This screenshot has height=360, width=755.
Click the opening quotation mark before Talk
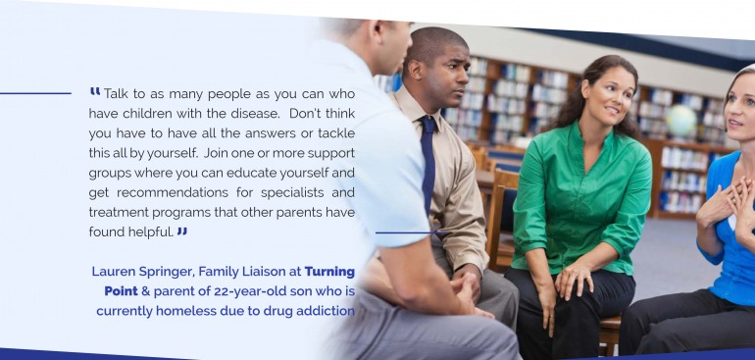point(95,91)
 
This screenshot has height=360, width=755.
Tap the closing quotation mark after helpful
point(181,231)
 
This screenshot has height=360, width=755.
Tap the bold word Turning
point(329,272)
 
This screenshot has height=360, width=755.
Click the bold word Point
point(121,291)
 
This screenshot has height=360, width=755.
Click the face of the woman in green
point(607,92)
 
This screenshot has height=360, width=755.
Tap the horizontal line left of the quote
point(35,93)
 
